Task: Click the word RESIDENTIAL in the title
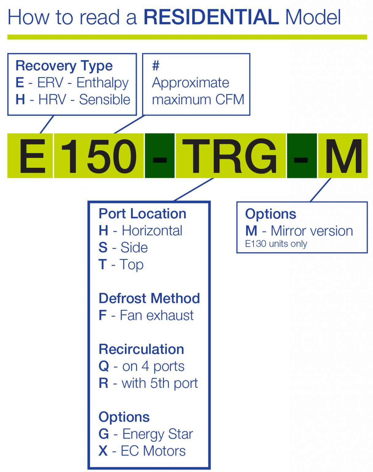[211, 17]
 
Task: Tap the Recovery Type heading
[64, 66]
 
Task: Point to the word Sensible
[105, 100]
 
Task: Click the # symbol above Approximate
[156, 65]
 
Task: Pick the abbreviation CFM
[229, 100]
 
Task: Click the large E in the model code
[33, 156]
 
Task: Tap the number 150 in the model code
[98, 156]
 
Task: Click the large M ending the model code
[343, 156]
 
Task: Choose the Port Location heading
[142, 214]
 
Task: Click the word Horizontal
[152, 231]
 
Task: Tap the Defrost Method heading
[149, 298]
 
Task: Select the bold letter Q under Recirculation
[104, 366]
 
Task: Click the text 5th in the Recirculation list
[161, 383]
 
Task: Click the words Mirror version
[312, 231]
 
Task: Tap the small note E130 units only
[276, 244]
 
